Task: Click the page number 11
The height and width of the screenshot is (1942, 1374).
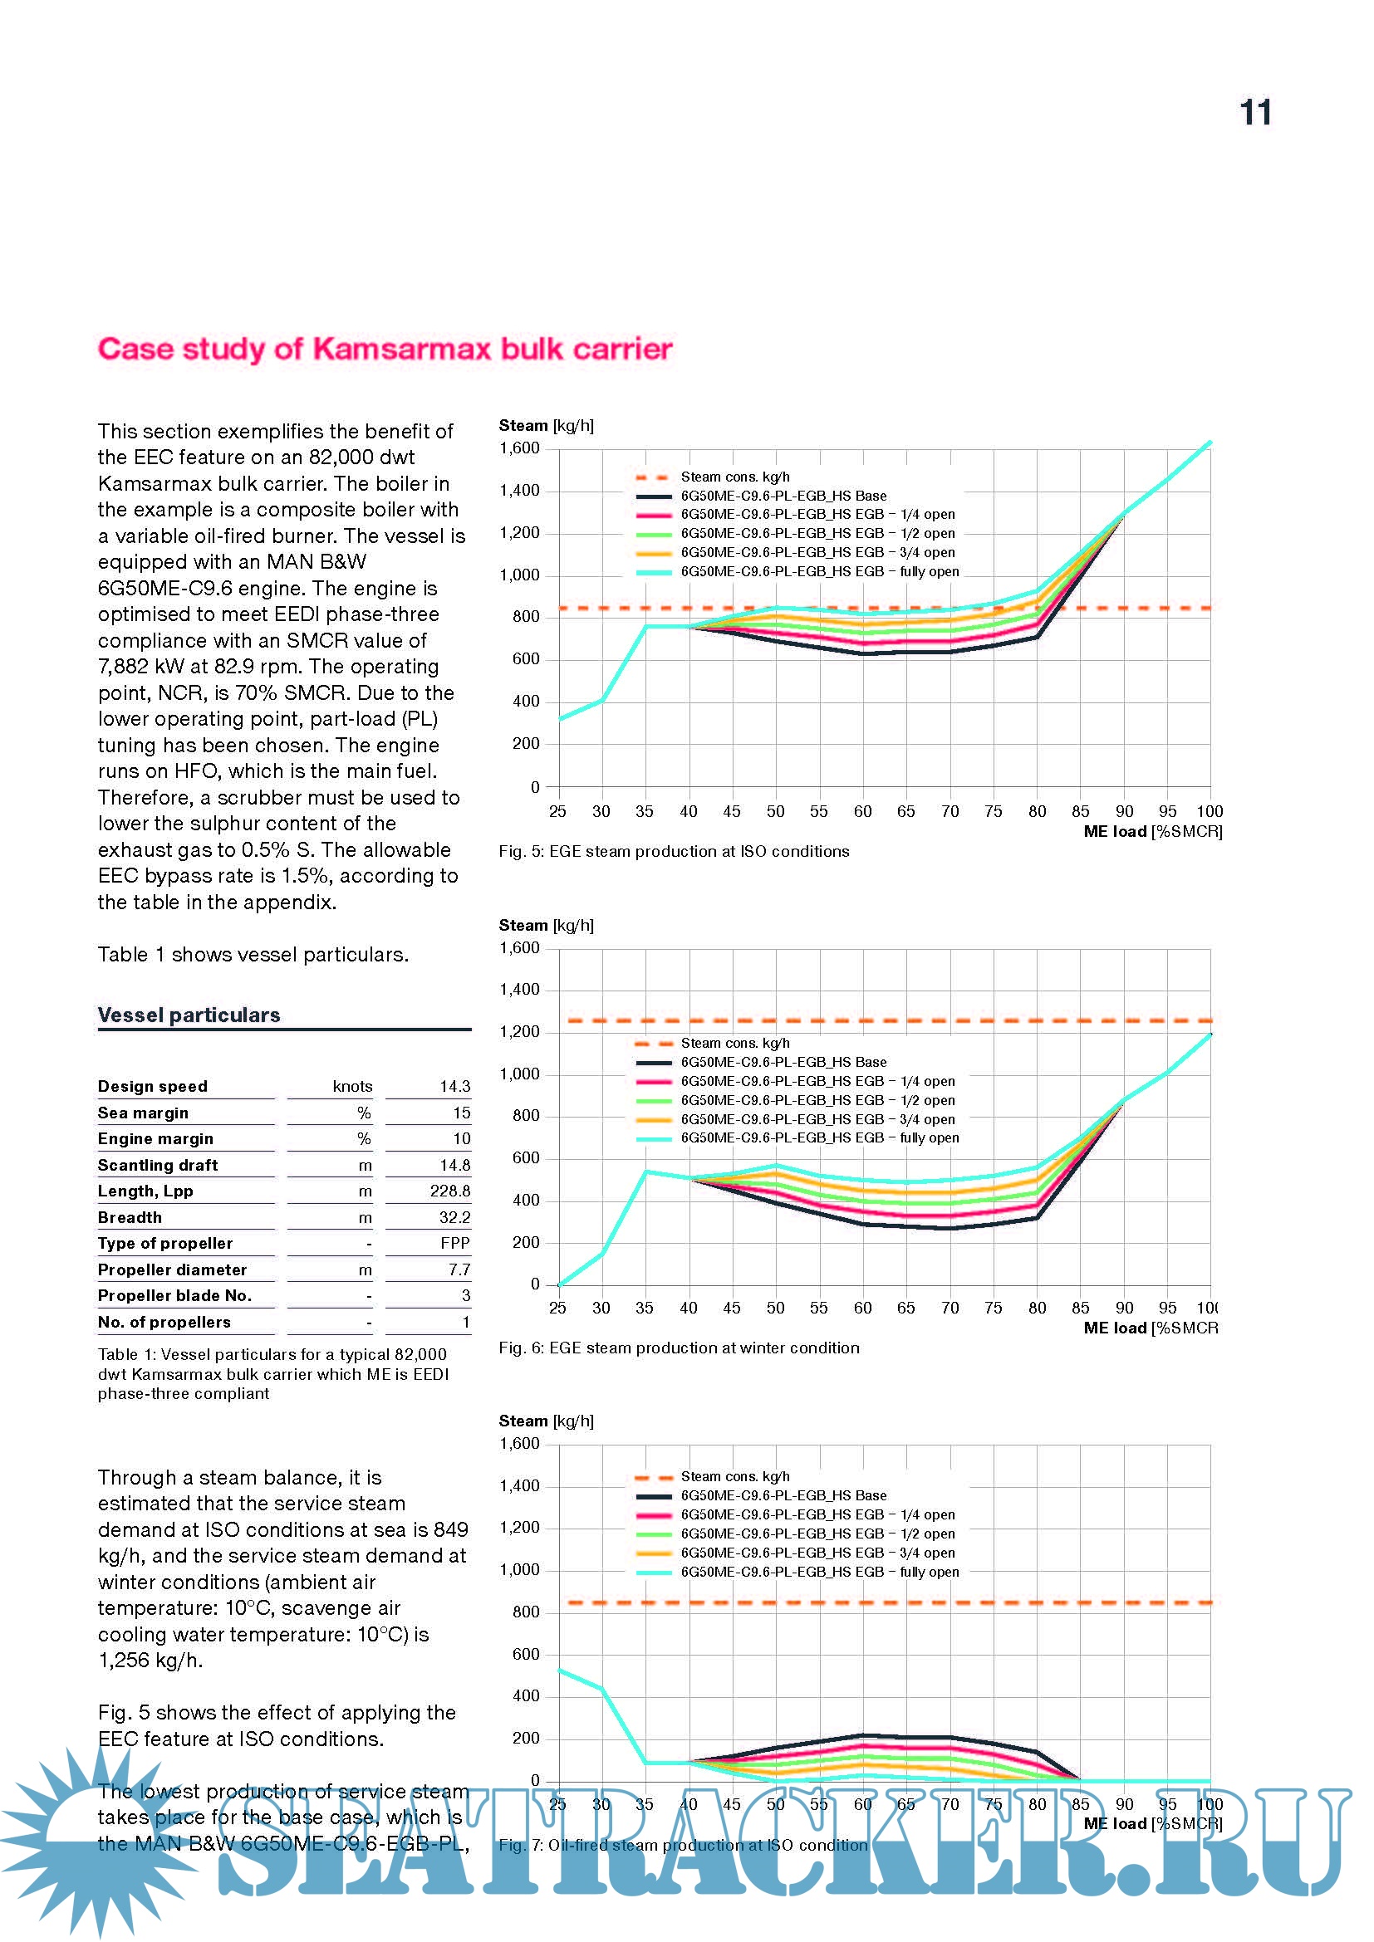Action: tap(1254, 112)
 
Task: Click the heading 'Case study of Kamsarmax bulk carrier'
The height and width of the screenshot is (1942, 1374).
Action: tap(385, 349)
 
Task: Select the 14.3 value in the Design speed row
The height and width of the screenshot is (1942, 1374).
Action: tap(454, 1086)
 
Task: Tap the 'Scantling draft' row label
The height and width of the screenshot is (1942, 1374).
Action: tap(157, 1165)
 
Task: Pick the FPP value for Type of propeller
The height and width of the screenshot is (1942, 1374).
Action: tap(455, 1243)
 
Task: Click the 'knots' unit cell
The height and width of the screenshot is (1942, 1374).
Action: tap(352, 1086)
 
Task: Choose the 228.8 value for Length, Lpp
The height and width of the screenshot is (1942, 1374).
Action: tap(450, 1191)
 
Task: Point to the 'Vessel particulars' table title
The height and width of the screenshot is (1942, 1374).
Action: tap(189, 1015)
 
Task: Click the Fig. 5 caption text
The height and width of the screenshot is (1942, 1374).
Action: tap(674, 851)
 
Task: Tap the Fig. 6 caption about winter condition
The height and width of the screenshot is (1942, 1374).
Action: tap(679, 1348)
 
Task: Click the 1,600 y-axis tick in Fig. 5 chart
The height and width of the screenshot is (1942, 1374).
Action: tap(519, 448)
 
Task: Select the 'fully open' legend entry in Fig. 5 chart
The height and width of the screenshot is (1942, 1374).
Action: tap(819, 572)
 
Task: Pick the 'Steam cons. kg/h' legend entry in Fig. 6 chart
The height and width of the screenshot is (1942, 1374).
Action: tap(734, 1043)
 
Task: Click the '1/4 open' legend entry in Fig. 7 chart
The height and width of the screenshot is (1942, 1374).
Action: tap(817, 1514)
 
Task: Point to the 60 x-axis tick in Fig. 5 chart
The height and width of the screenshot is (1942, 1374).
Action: tap(862, 811)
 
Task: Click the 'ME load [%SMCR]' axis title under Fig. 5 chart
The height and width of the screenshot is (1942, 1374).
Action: tap(1152, 831)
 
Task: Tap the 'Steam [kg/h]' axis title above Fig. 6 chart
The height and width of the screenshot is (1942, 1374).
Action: tap(546, 925)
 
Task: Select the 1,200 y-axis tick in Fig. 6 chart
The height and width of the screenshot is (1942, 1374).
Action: tap(519, 1031)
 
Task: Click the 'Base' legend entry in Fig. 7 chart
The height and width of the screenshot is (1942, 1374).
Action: tap(783, 1495)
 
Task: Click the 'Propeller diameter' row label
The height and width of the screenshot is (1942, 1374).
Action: tap(172, 1269)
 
